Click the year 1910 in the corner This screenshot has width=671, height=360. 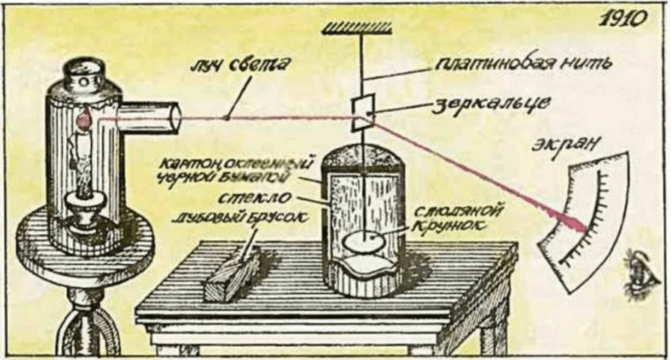(628, 19)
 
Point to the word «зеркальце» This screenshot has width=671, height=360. (487, 104)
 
